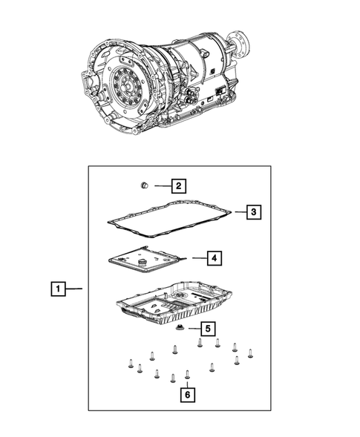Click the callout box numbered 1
pyautogui.click(x=57, y=288)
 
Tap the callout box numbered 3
pyautogui.click(x=253, y=213)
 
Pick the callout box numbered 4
pyautogui.click(x=213, y=258)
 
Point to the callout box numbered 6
pyautogui.click(x=188, y=395)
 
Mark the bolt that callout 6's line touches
pyautogui.click(x=187, y=375)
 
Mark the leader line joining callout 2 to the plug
pyautogui.click(x=161, y=185)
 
